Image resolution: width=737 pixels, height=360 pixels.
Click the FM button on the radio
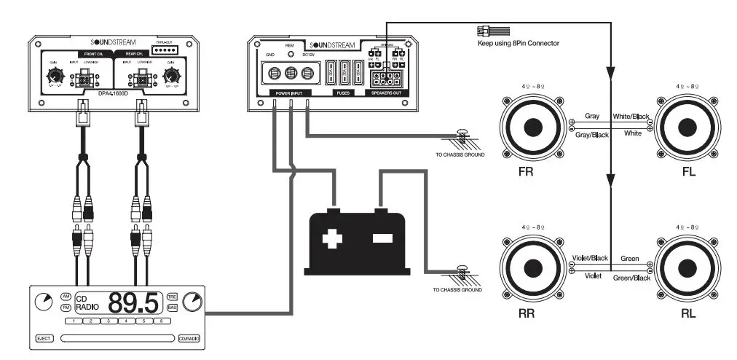pos(66,308)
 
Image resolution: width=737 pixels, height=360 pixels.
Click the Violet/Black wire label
pos(589,259)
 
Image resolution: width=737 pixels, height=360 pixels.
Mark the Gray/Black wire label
pos(594,134)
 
